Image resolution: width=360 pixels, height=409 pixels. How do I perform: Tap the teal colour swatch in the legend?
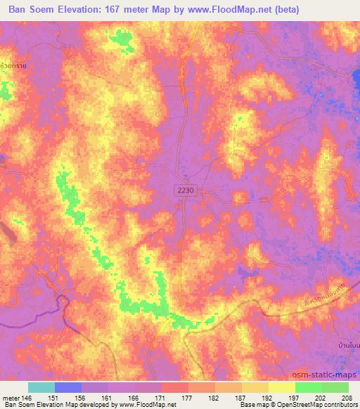41,387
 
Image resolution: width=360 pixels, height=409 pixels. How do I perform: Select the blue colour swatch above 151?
68,387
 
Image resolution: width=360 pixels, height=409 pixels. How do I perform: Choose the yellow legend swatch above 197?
282,387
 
